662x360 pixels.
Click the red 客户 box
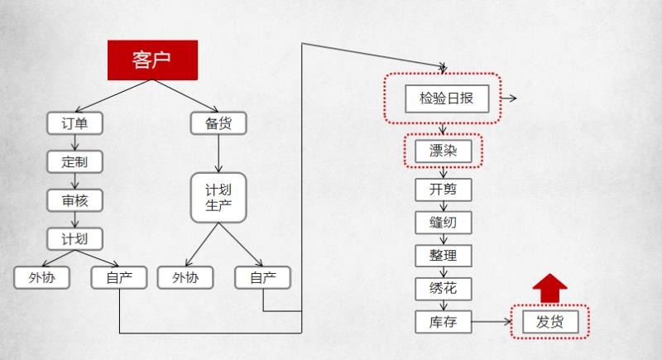(153, 60)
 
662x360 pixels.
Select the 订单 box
(74, 123)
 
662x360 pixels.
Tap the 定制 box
(74, 161)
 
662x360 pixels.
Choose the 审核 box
(74, 199)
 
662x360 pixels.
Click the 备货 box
(218, 123)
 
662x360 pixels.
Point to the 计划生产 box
(218, 197)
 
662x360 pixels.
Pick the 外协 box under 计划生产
(185, 277)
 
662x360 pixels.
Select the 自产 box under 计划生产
(262, 277)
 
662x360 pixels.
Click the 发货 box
(550, 321)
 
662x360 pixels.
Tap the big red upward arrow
(549, 289)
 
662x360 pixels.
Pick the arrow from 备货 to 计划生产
(218, 153)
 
